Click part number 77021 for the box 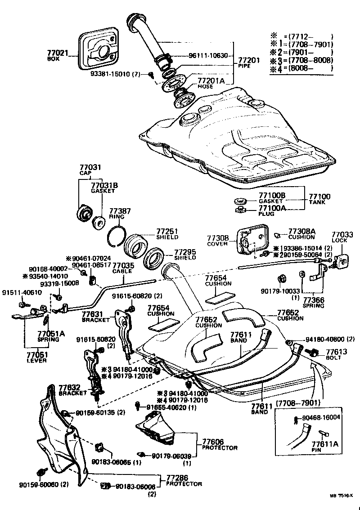(58, 53)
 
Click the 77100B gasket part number (272, 196)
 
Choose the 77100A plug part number (272, 208)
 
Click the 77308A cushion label (302, 231)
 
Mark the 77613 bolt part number (337, 352)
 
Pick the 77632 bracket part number (69, 386)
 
